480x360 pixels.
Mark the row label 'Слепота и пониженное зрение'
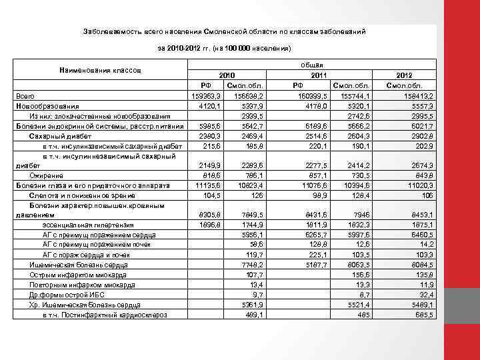tap(76, 195)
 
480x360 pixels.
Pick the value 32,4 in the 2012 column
tap(425, 294)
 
